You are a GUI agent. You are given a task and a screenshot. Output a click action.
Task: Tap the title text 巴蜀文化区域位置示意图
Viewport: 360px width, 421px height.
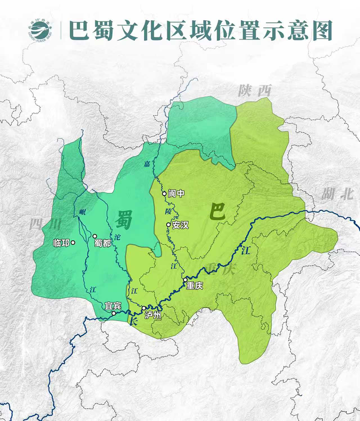pos(200,30)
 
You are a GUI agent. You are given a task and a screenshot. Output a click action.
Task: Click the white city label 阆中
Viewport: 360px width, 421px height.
pos(176,194)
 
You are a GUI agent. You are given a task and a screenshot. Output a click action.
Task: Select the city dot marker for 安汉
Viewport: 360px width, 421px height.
pos(168,225)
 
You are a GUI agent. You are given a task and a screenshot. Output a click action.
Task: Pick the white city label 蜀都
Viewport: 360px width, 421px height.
pos(103,243)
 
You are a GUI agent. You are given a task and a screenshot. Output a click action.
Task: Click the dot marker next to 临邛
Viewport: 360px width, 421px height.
pos(73,243)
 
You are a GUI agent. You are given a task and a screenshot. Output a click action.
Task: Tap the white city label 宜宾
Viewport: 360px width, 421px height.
pos(113,306)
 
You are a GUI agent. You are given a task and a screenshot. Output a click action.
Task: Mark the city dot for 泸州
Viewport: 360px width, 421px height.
pos(144,308)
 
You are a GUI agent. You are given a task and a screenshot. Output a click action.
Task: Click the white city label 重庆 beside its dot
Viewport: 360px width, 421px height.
pos(195,286)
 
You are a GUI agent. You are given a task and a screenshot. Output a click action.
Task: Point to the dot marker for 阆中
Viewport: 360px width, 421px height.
pos(164,194)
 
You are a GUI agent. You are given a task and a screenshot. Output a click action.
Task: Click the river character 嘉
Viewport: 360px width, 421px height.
pos(147,164)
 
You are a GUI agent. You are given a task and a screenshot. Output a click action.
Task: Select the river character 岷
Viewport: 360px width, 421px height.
pos(82,212)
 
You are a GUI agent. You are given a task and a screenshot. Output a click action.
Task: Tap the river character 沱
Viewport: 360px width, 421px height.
pos(118,237)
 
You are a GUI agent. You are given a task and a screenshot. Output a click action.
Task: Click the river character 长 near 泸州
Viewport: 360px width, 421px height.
pos(133,321)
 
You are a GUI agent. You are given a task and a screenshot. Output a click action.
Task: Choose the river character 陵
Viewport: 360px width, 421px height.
pos(168,210)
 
